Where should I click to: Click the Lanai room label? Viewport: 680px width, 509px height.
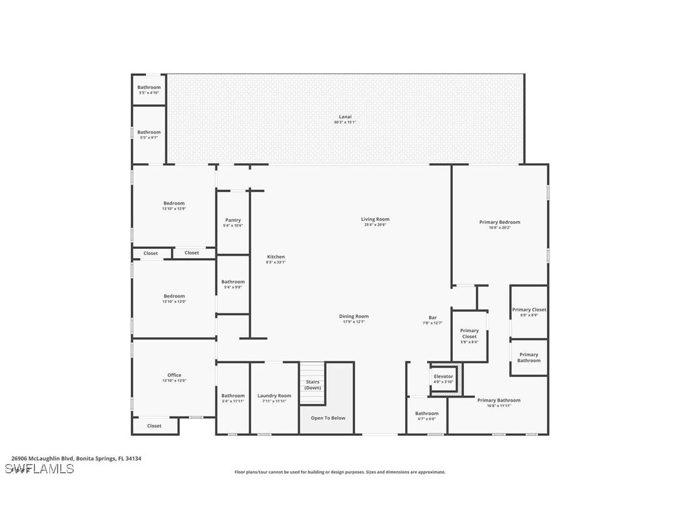(x=345, y=116)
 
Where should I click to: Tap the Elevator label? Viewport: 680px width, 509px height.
(x=443, y=376)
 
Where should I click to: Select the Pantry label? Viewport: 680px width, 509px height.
(x=233, y=220)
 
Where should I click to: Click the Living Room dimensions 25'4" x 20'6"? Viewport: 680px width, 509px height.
(x=375, y=224)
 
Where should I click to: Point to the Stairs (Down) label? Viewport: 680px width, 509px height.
(x=312, y=385)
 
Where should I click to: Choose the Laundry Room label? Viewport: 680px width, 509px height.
(x=274, y=396)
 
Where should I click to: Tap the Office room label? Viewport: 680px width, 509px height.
(x=174, y=375)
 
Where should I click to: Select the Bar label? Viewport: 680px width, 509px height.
(x=432, y=317)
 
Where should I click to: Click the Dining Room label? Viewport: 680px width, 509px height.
(x=354, y=316)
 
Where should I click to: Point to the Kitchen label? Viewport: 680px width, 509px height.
(x=276, y=257)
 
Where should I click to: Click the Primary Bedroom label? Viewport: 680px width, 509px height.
(x=500, y=222)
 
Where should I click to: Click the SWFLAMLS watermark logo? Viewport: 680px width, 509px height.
(x=39, y=469)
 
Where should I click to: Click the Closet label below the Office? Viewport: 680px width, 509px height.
(x=154, y=426)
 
